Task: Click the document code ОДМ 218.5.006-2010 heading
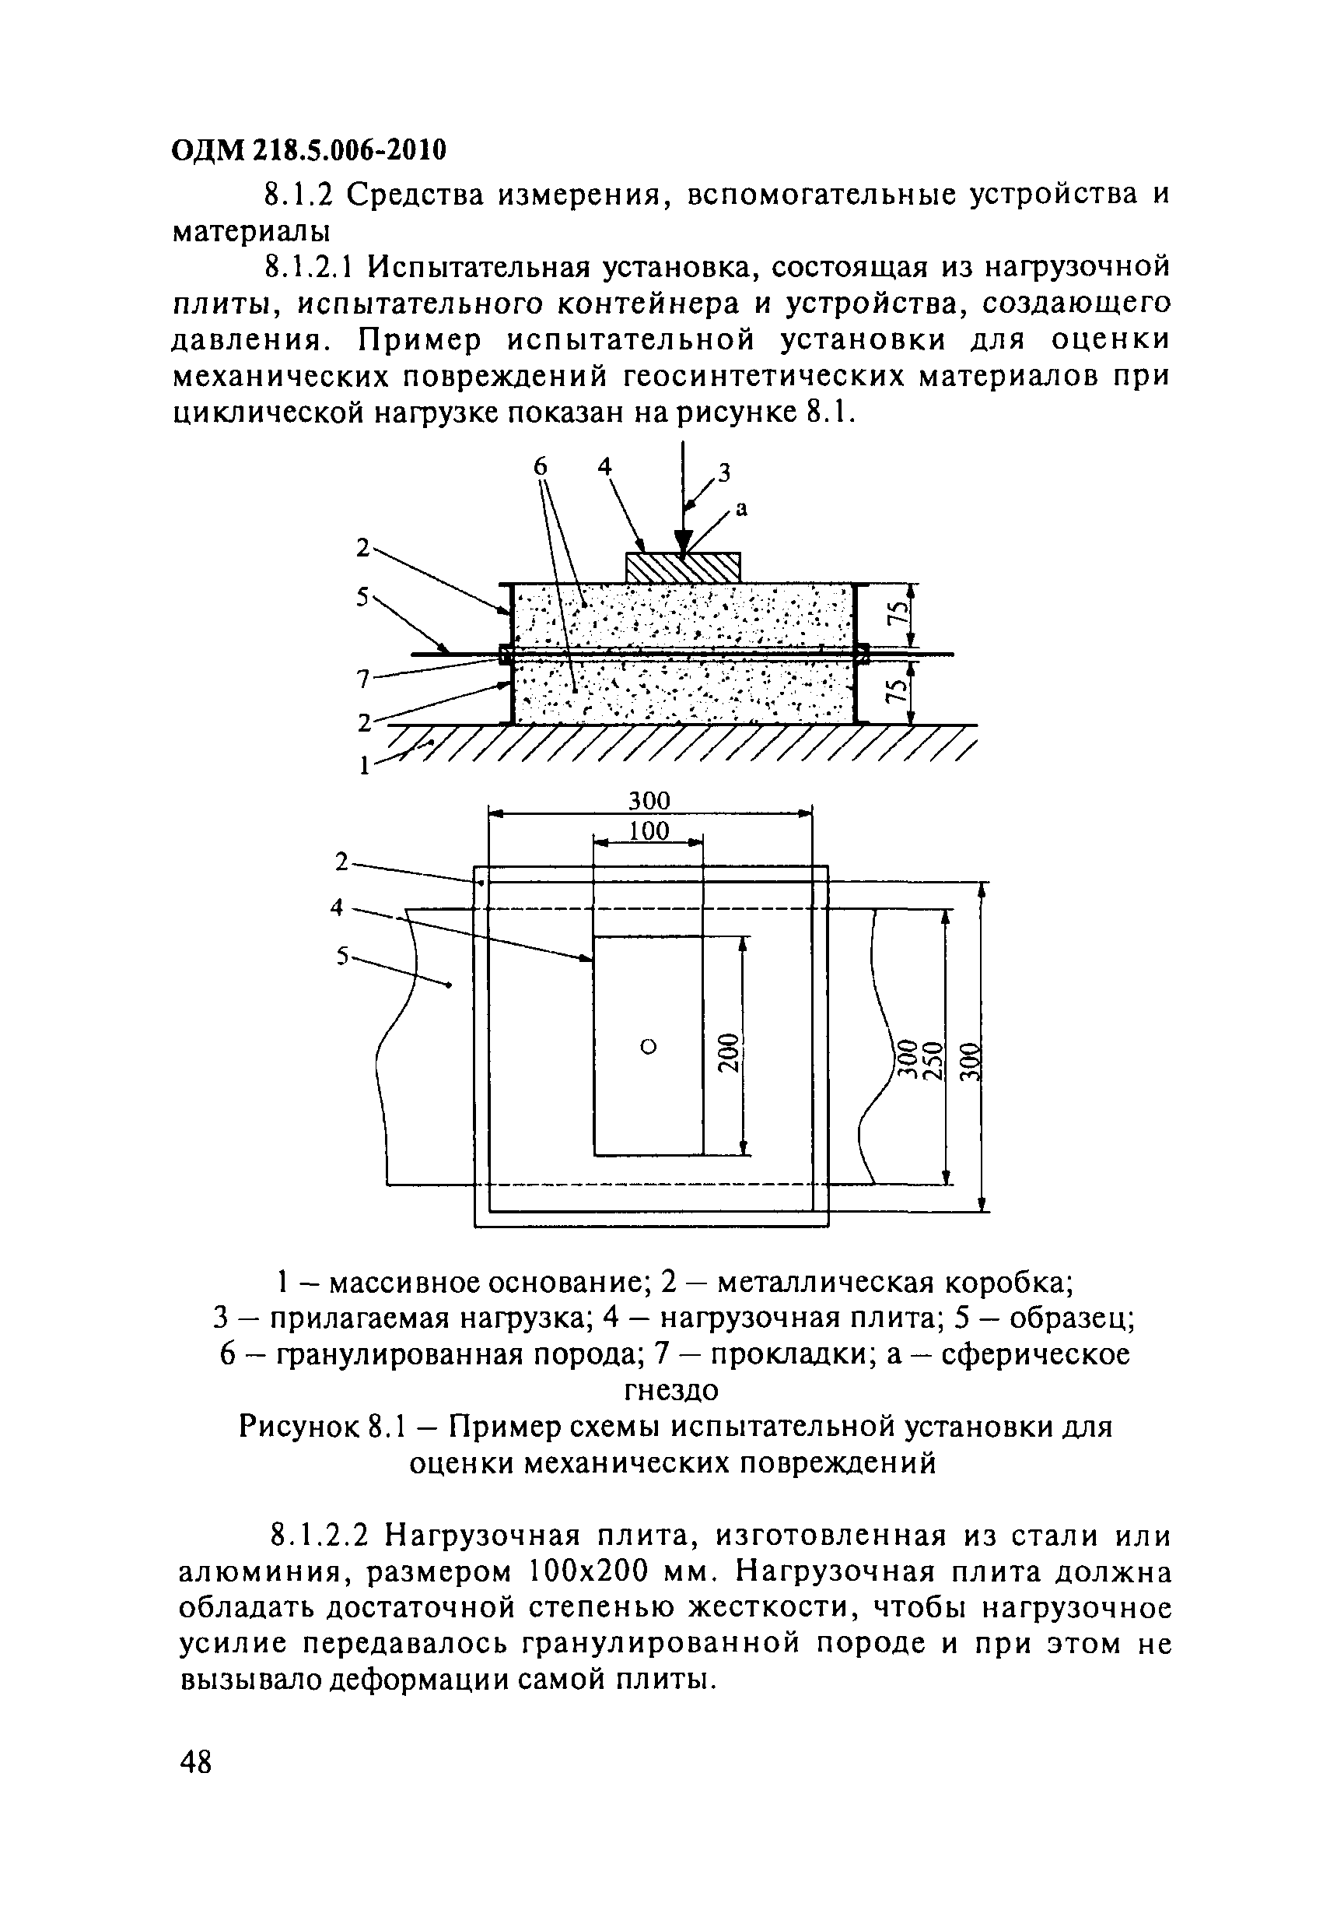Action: point(309,149)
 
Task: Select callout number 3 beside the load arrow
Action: point(723,472)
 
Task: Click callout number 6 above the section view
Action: point(541,468)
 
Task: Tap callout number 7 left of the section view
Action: point(362,679)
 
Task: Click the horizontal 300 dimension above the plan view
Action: point(649,801)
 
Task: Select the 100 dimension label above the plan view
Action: point(649,831)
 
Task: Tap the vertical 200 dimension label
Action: point(727,1053)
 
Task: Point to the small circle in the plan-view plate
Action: point(649,1046)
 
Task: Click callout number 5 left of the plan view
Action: point(342,957)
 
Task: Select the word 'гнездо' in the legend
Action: point(671,1389)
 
